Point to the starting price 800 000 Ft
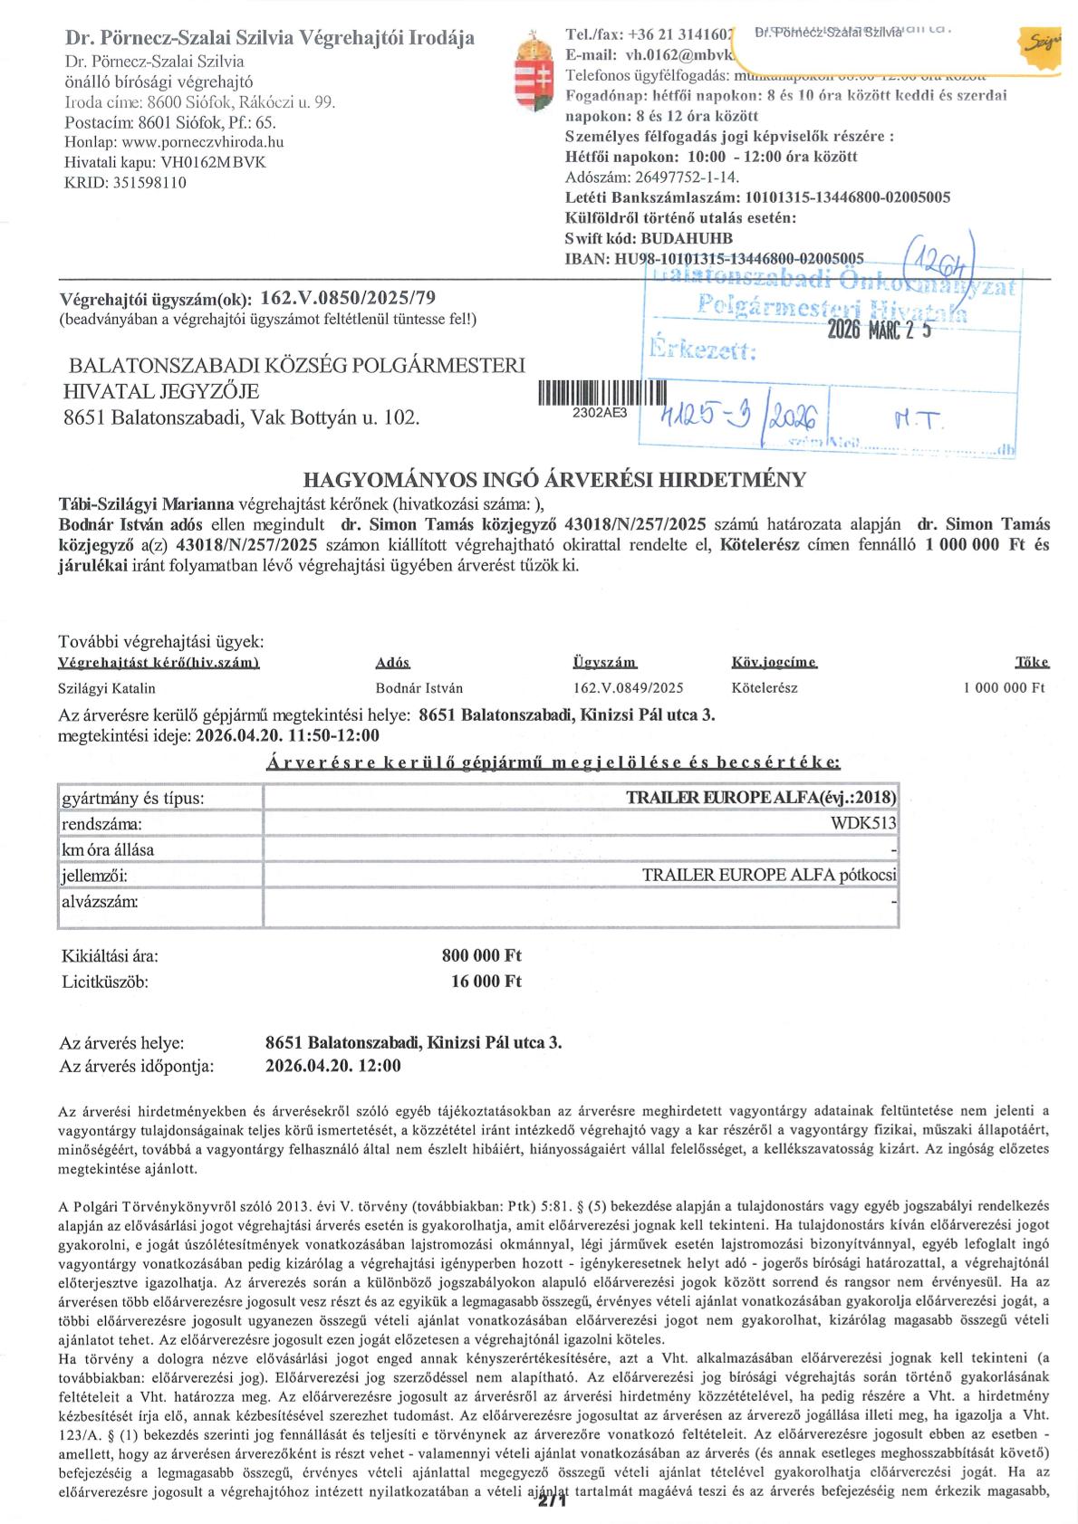481,955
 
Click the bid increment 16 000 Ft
486,981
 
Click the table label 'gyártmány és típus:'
132,799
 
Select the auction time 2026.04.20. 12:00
332,1066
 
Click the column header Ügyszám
604,663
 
